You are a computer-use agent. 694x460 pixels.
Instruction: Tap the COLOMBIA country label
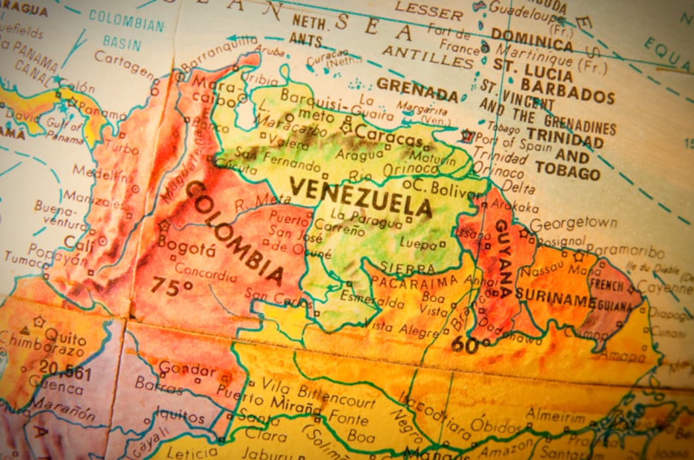coord(235,233)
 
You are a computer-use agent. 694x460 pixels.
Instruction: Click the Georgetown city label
coord(573,223)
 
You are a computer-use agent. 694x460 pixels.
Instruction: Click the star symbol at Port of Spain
coord(467,136)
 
